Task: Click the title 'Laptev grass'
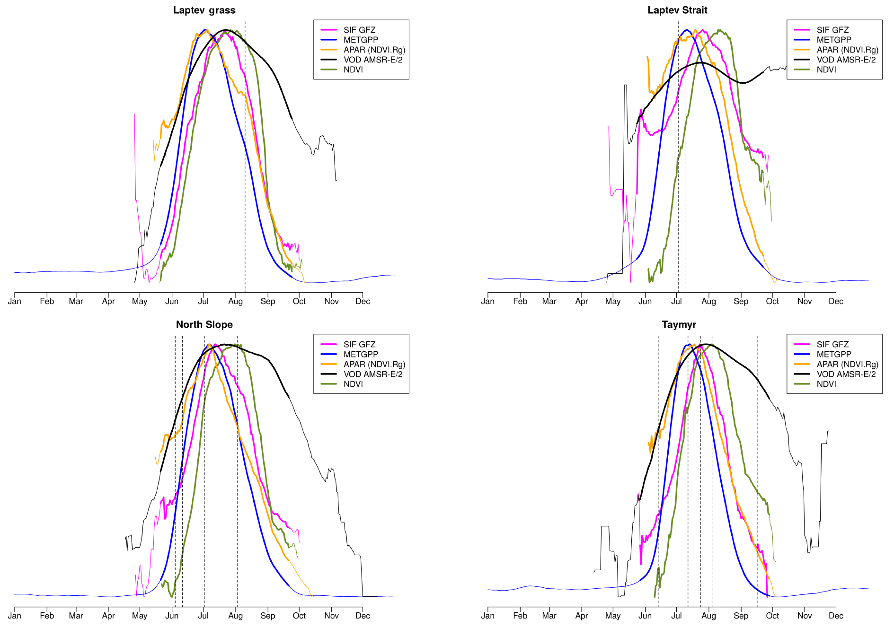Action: tap(204, 10)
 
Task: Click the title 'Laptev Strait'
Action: tap(677, 10)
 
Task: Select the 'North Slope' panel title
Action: tap(204, 325)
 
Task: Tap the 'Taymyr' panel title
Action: tap(679, 325)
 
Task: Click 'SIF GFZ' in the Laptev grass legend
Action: tap(359, 30)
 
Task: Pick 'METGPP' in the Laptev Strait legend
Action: tap(833, 40)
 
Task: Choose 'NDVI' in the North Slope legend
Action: tap(353, 384)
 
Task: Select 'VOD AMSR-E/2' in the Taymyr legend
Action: tap(846, 374)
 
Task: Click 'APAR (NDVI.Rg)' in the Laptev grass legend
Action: tap(374, 50)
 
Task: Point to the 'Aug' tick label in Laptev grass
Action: tap(235, 301)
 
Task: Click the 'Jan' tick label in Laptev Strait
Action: tap(488, 301)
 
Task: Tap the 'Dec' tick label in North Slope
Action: tap(363, 616)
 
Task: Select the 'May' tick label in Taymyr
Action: tap(613, 616)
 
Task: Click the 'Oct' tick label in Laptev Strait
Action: tap(772, 301)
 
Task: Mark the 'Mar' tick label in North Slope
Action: tap(76, 616)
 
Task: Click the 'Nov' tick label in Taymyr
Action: tap(805, 616)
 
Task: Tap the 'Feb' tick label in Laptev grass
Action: tap(47, 301)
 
